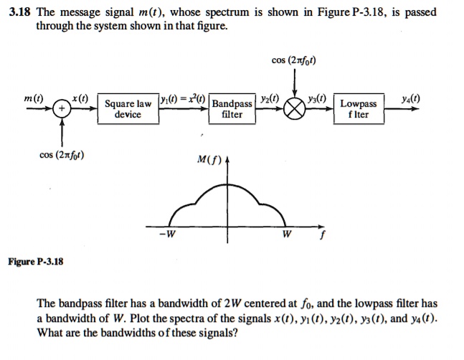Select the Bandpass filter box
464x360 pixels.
[232, 109]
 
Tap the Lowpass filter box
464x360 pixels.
[358, 109]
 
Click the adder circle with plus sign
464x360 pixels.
[62, 109]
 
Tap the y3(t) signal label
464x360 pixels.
[316, 98]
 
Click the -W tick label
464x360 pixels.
[165, 233]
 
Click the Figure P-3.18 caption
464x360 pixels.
[35, 261]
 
